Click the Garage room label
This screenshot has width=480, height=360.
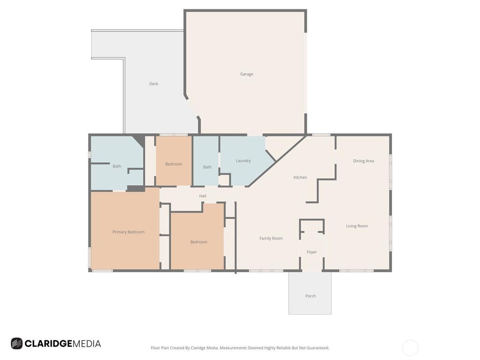click(247, 74)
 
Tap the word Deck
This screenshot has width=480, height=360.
click(154, 83)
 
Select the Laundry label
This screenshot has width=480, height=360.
click(243, 161)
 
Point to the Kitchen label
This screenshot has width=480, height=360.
click(300, 177)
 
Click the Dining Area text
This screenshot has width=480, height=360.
click(363, 161)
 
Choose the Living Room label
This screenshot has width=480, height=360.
click(357, 226)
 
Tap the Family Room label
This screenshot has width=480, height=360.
click(271, 239)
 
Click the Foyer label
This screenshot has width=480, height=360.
click(312, 252)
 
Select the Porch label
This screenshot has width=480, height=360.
click(310, 296)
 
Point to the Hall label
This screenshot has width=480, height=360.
click(202, 196)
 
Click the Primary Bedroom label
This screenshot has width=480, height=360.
click(128, 232)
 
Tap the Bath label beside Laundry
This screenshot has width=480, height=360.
click(207, 167)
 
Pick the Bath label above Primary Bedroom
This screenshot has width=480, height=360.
click(117, 166)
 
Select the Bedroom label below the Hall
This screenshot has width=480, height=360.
click(199, 242)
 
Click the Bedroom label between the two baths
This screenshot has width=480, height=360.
click(173, 164)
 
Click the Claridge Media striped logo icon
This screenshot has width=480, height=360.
click(16, 344)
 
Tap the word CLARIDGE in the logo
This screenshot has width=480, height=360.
click(48, 344)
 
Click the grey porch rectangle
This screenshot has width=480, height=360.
click(310, 293)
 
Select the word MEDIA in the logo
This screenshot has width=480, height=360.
click(87, 344)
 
